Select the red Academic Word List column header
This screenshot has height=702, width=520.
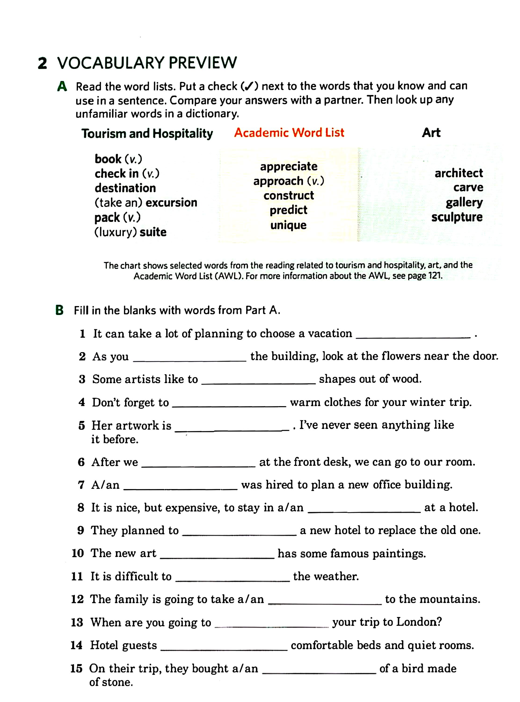(x=289, y=132)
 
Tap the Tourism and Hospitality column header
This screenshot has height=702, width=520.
(x=147, y=133)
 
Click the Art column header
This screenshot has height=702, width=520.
(x=431, y=132)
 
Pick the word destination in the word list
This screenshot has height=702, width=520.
(x=125, y=188)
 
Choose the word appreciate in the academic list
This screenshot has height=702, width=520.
(x=289, y=166)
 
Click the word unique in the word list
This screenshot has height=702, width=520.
(x=288, y=225)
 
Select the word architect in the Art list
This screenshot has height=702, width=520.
(x=459, y=173)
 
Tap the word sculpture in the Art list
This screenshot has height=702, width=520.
(x=457, y=217)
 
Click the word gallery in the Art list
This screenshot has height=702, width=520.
(x=464, y=202)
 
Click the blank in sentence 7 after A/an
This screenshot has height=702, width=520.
(x=180, y=489)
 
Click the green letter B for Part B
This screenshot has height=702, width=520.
(x=59, y=310)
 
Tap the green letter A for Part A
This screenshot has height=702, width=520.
(x=62, y=87)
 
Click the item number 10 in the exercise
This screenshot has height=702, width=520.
(x=77, y=553)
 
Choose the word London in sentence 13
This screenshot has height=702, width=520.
(x=419, y=622)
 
